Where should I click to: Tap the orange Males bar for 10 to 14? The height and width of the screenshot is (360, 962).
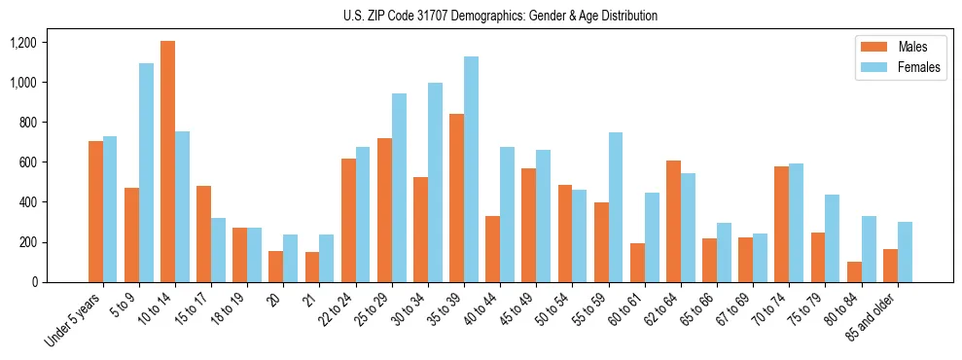click(x=167, y=162)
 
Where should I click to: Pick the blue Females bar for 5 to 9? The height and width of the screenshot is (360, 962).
click(x=146, y=173)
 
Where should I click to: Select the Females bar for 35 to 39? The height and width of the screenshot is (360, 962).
click(x=471, y=169)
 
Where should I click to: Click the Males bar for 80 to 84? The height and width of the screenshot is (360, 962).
click(x=826, y=271)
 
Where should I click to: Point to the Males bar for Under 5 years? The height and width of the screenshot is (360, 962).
click(x=95, y=211)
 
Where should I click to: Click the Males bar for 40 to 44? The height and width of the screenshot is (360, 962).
click(x=492, y=249)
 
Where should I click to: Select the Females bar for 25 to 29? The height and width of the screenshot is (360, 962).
click(x=399, y=188)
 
